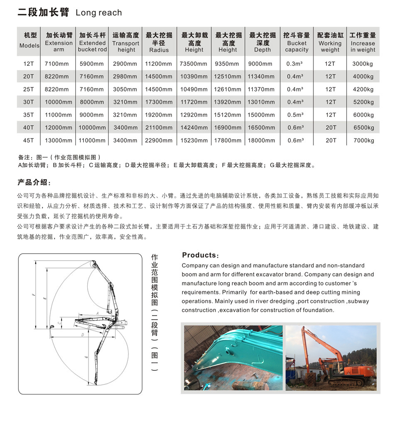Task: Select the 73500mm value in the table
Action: coord(194,64)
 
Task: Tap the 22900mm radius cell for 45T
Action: coord(159,141)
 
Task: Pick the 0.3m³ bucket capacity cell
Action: coord(296,64)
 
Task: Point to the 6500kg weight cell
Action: coord(363,128)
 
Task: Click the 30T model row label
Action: coord(28,102)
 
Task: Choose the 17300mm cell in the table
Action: coord(159,102)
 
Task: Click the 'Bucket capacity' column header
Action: coord(296,42)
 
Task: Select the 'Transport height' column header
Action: coord(126,42)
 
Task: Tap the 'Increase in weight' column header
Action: coord(362,42)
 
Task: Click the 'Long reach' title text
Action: coord(99,13)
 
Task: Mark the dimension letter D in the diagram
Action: coord(82,334)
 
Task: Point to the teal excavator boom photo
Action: coord(233,357)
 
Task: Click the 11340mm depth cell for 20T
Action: coord(261,76)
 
